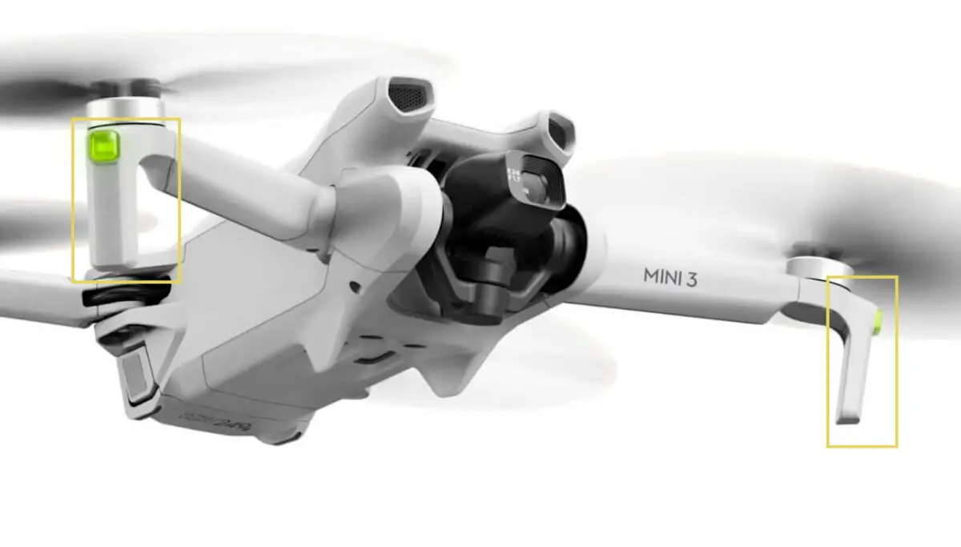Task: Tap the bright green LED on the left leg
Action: (x=104, y=145)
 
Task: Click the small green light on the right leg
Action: (x=879, y=322)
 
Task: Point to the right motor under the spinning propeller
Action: (x=820, y=267)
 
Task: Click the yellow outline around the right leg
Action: (x=896, y=360)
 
